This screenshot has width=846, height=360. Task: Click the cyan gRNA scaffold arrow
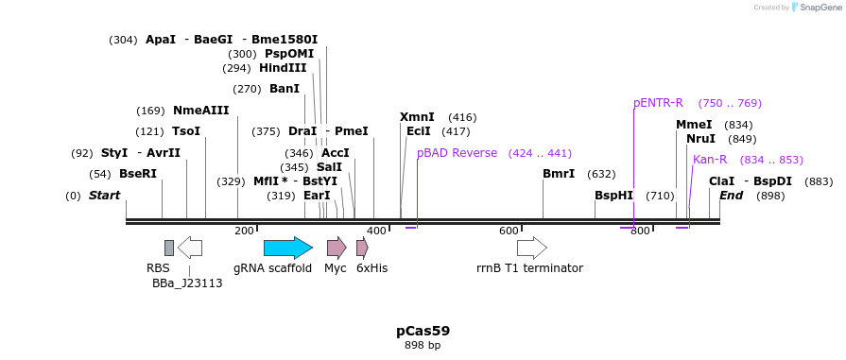click(287, 248)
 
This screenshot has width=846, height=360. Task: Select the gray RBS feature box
click(169, 248)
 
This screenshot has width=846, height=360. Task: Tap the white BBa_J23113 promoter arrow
click(190, 248)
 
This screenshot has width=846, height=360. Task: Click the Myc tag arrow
click(337, 248)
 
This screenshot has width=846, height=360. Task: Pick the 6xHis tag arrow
click(362, 248)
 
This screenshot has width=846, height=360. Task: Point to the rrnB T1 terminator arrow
click(531, 248)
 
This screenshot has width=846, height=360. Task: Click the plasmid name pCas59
click(423, 331)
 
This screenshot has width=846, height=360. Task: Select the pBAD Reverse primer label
click(457, 153)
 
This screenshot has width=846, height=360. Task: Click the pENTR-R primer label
click(658, 103)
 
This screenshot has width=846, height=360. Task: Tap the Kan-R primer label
click(710, 160)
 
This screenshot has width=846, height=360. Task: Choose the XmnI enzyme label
click(417, 116)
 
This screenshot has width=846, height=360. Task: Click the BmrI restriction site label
click(559, 174)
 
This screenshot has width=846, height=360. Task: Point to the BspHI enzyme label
click(613, 196)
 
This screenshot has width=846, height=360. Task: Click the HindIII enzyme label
click(284, 68)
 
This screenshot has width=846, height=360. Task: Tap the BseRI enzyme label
click(138, 174)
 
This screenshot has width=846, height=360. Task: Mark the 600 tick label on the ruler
click(509, 231)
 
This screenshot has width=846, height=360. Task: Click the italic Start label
click(104, 196)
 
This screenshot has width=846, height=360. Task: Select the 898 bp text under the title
click(423, 346)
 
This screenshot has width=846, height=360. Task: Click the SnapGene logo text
click(819, 8)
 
